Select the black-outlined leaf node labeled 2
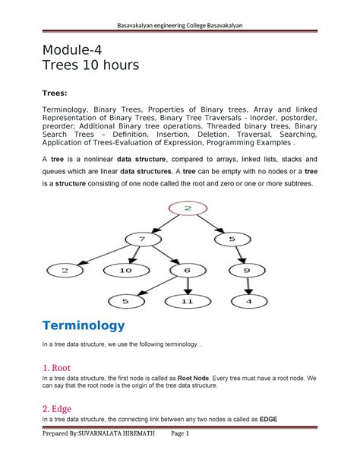pyautogui.click(x=67, y=269)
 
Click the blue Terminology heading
pyautogui.click(x=82, y=325)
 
